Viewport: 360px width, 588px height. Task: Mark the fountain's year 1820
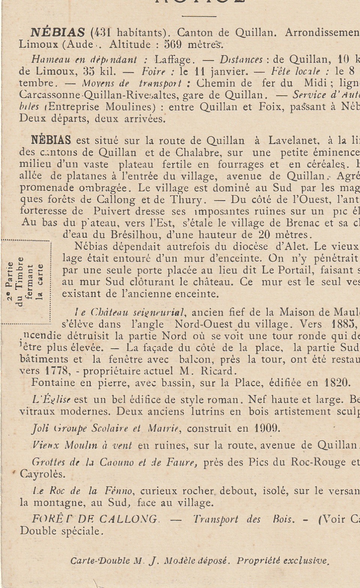click(336, 383)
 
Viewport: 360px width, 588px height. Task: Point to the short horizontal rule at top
click(199, 16)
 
